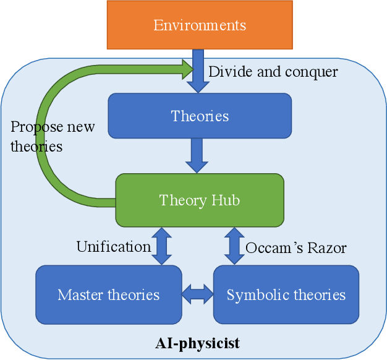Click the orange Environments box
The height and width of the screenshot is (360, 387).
point(199,25)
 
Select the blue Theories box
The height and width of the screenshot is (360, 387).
point(199,116)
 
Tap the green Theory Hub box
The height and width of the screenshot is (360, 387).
point(199,200)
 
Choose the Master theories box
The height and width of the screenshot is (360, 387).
point(109,294)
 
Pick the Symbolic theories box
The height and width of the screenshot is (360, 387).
point(286,294)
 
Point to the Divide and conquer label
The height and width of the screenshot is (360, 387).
point(273,72)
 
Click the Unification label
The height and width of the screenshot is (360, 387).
point(113,247)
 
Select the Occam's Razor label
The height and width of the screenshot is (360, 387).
point(296,248)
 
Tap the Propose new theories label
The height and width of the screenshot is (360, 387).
point(52,137)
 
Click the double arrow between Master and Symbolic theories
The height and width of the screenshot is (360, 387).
point(197,294)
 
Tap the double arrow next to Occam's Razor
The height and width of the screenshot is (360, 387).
point(234,246)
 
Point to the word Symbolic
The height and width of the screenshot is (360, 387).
point(253,294)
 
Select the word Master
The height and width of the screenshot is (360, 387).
point(78,294)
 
